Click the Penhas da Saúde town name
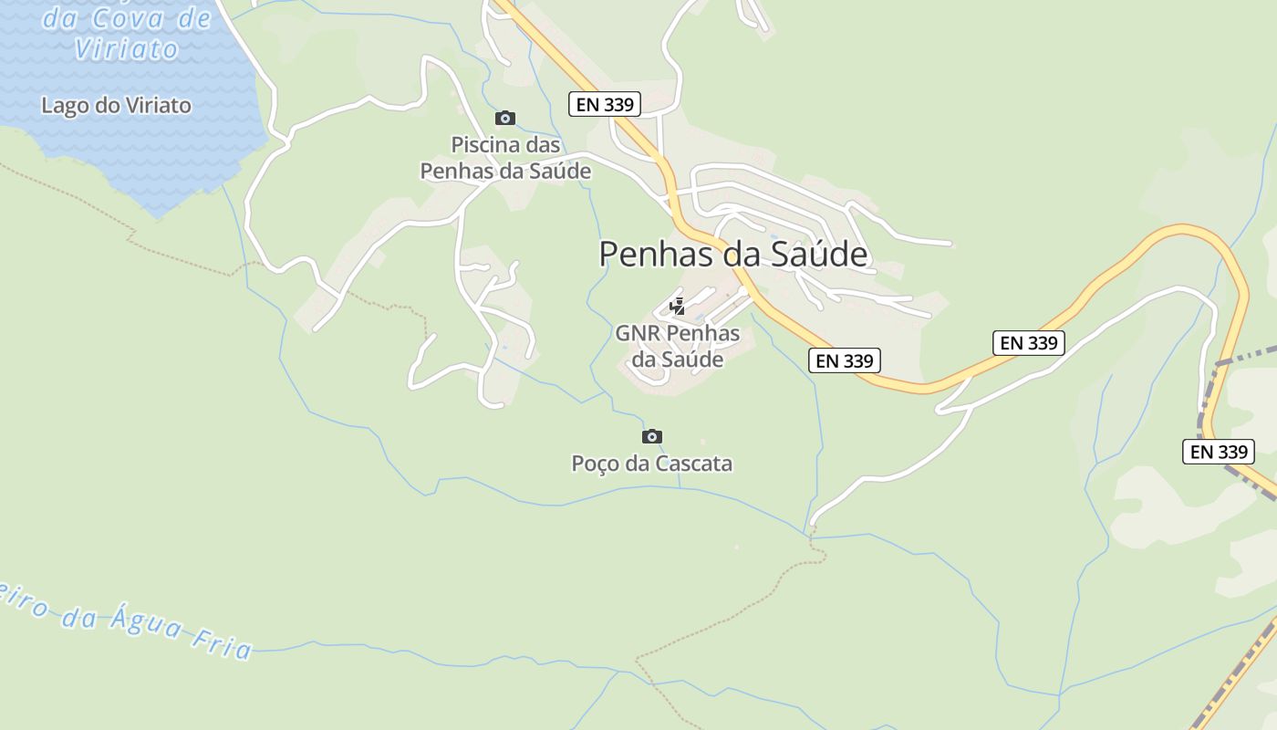tap(732, 255)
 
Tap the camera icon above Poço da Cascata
tap(652, 436)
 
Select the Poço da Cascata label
tap(651, 464)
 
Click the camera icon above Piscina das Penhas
tap(505, 118)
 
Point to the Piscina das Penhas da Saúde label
tap(505, 158)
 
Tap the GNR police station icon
tap(678, 307)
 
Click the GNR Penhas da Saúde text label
tap(678, 346)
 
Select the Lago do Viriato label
tap(116, 106)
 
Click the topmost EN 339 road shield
tap(605, 104)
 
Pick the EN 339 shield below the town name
tap(845, 360)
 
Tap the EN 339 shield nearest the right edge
tap(1219, 452)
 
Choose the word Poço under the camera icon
tap(597, 464)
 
